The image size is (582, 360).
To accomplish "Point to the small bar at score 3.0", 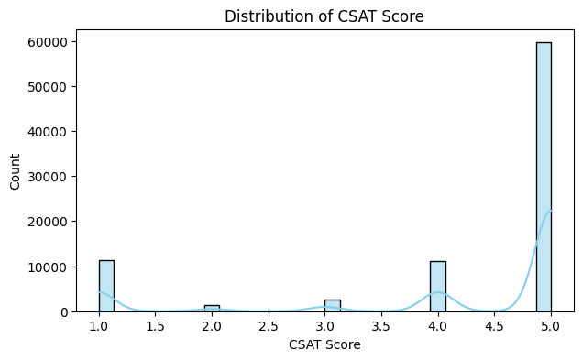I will click(332, 306).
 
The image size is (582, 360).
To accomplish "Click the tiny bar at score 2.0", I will click(212, 308).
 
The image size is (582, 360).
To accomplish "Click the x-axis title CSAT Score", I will click(324, 345).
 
